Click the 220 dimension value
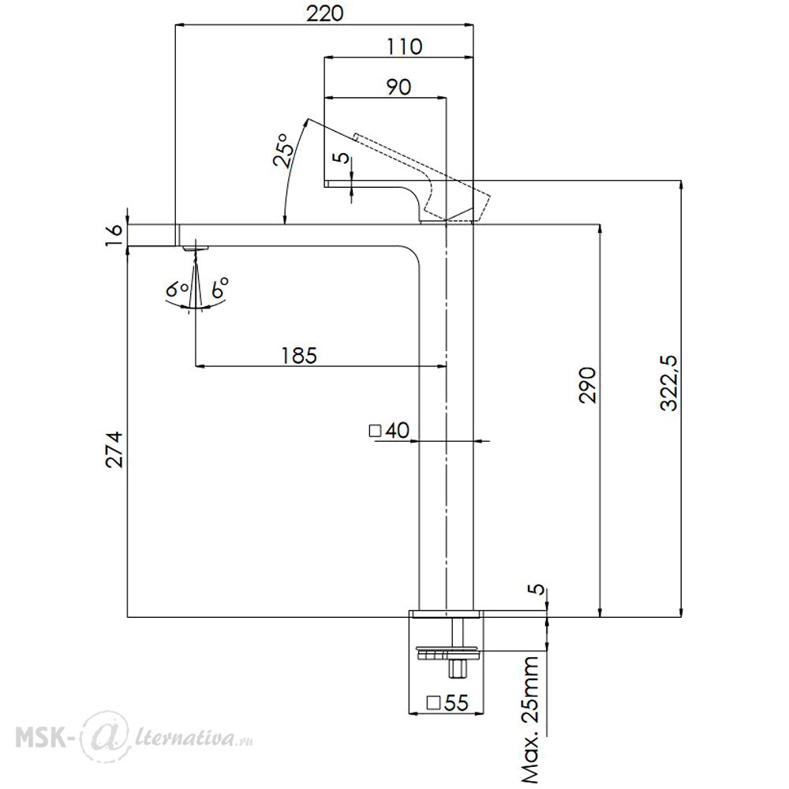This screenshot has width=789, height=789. pos(325,13)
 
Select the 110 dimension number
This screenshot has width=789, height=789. pos(404,47)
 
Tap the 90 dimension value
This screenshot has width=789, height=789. pos(398,87)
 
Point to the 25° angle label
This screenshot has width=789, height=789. pos(284,151)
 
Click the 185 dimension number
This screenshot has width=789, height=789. pos(299,355)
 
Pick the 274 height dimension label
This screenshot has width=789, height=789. pos(114,450)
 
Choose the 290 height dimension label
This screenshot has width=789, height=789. pos(587,385)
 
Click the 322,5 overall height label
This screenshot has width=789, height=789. pos(670,383)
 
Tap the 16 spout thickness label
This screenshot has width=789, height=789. pos(114,235)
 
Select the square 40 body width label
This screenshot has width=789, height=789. pos(390,431)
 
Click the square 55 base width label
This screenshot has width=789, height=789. pos(447,702)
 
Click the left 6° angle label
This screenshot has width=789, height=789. pos(177,290)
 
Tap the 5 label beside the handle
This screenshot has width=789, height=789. pos(342,158)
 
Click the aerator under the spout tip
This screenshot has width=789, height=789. pos(196,248)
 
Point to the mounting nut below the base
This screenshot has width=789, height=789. pos(449,653)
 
